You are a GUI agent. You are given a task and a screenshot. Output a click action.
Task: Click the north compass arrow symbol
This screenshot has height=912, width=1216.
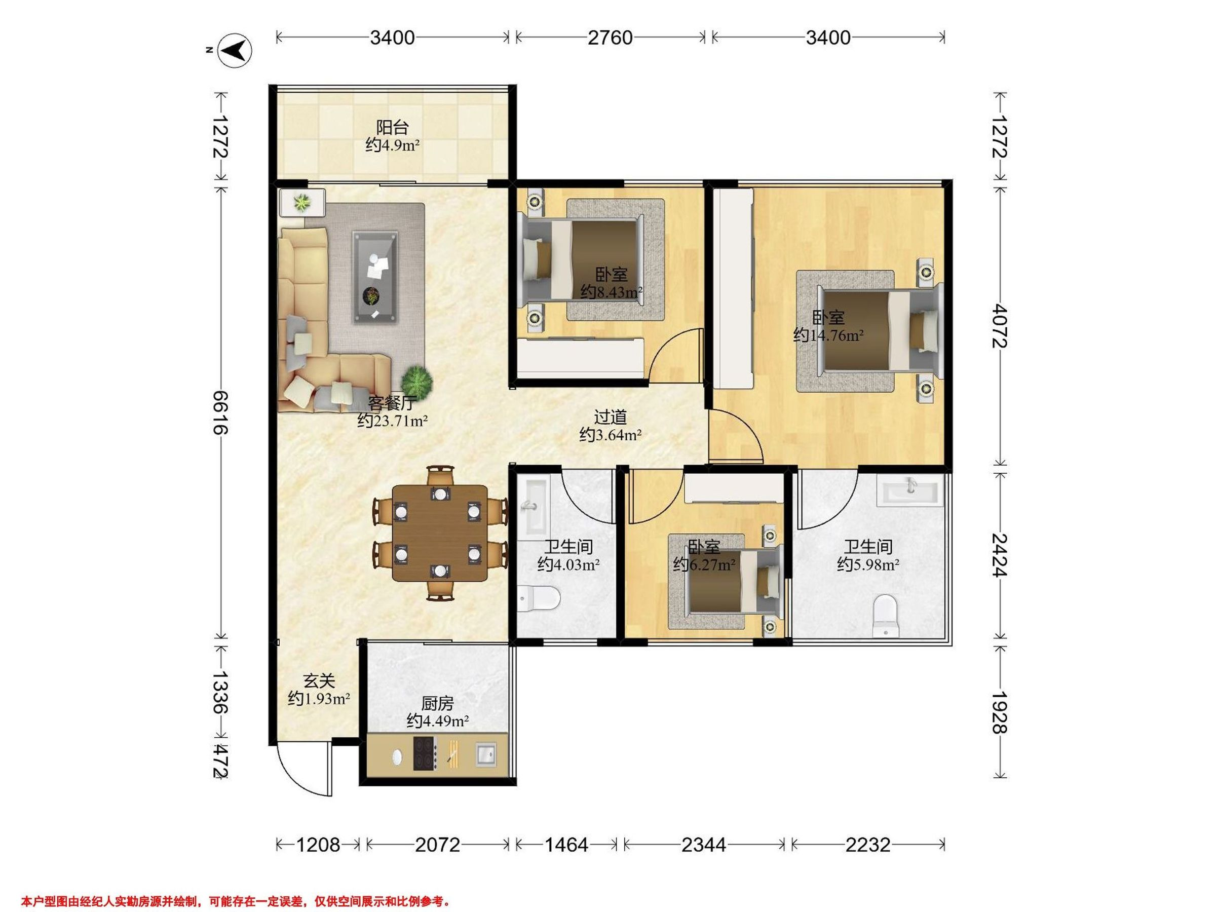(236, 51)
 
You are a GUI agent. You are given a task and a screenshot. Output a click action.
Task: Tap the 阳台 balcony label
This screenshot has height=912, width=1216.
(393, 128)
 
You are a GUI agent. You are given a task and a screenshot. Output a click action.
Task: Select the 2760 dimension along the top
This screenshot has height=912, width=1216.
(610, 37)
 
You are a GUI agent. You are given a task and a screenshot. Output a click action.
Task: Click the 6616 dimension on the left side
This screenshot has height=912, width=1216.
(220, 412)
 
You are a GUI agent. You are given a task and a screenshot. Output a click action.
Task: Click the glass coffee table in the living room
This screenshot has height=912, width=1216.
(375, 277)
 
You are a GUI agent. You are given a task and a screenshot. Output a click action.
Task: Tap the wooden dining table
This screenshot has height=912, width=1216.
(440, 533)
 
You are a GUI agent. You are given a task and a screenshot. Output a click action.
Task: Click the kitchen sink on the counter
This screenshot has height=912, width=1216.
(485, 753)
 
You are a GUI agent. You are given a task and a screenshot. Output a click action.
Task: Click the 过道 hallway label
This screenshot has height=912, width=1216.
(610, 417)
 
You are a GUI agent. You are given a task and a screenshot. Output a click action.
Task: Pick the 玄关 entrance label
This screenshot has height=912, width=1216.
(319, 681)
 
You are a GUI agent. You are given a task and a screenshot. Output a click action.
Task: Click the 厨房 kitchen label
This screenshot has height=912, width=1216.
(438, 703)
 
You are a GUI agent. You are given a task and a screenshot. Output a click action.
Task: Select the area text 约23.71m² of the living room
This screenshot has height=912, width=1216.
(393, 421)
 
